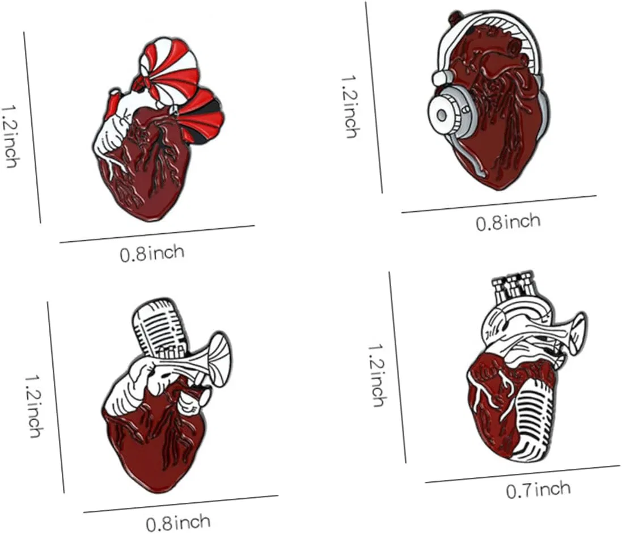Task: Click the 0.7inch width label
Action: coord(538,490)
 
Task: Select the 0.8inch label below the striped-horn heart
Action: coord(152,253)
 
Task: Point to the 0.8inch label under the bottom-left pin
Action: coord(177,523)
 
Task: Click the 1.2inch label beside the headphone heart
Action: coord(350,107)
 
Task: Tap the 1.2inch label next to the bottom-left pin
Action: coord(33,406)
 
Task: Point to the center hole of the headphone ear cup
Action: coord(441,116)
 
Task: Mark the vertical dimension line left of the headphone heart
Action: coord(374,98)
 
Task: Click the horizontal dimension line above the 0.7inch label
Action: coord(523,474)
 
